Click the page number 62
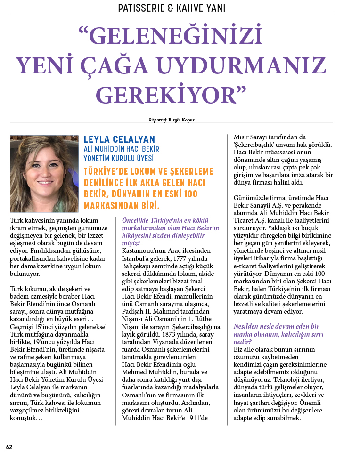(9, 446)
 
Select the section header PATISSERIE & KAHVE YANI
(172, 8)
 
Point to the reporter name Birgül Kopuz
(181, 120)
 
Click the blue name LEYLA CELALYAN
(119, 139)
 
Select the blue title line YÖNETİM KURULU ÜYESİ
(118, 158)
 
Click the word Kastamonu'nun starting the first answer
(140, 251)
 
